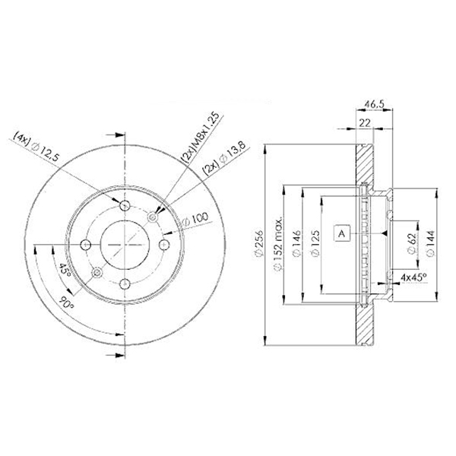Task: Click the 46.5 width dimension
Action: click(375, 104)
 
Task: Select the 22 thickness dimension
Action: click(365, 123)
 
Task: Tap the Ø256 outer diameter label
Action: click(258, 244)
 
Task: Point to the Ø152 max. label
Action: click(278, 243)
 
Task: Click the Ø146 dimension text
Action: click(296, 244)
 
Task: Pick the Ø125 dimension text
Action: click(315, 244)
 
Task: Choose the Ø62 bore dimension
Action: click(412, 244)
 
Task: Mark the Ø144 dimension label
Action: click(430, 244)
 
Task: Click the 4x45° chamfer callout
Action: click(413, 277)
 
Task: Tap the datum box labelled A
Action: click(342, 233)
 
